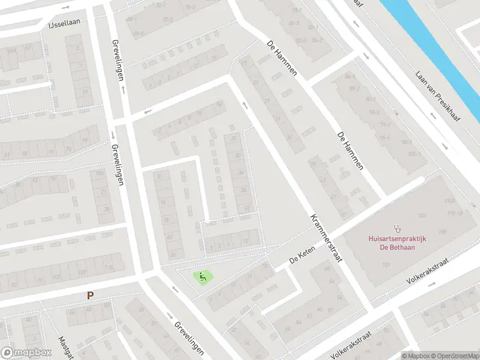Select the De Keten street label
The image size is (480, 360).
302,259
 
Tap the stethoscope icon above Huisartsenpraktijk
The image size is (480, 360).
397,228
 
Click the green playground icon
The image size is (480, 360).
203,277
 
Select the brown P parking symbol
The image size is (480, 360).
90,295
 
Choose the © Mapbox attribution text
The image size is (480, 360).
414,355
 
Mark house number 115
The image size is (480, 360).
109,268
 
